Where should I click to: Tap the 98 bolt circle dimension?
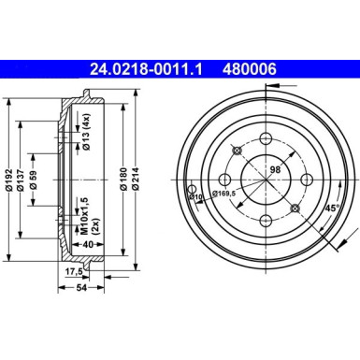tap(275, 167)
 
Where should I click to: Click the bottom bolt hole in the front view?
tap(266, 221)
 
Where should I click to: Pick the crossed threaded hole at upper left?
tap(238, 151)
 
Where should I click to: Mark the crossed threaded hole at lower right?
tap(294, 208)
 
